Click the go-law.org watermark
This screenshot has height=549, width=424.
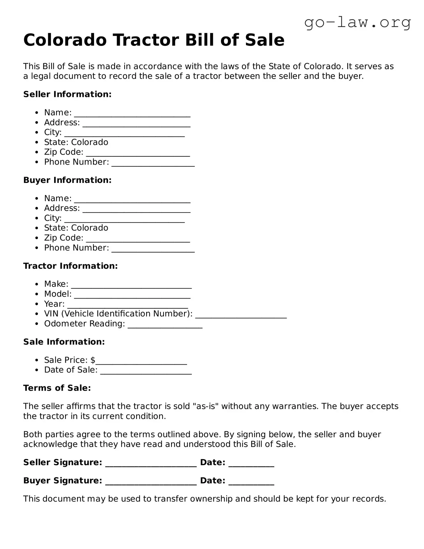click(357, 23)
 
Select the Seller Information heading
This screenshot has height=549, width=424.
click(67, 94)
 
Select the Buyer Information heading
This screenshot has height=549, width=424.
click(67, 180)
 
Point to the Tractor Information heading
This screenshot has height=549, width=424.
click(70, 266)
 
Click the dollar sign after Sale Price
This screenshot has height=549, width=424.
click(93, 360)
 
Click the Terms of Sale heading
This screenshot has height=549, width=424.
click(57, 388)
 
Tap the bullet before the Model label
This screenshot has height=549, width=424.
click(37, 294)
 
